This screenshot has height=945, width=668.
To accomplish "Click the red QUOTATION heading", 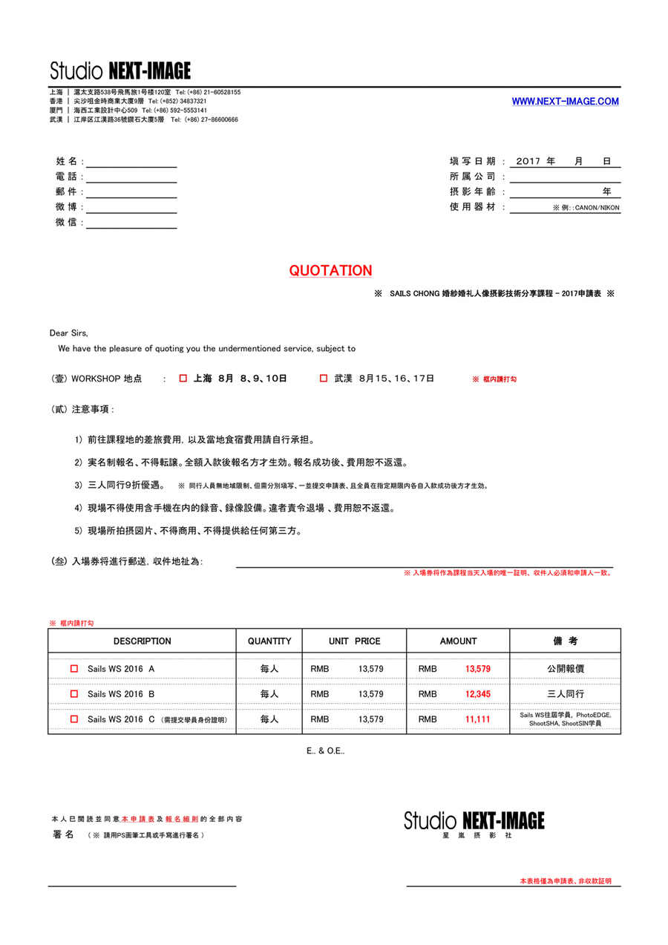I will [330, 271].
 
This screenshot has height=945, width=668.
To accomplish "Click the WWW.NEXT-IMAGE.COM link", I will [565, 102].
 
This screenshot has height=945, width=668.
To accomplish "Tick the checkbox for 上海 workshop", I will [183, 379].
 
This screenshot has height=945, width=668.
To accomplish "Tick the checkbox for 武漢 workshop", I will [323, 379].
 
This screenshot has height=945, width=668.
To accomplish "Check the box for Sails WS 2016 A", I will [73, 669].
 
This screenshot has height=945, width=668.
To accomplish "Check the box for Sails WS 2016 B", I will [73, 694].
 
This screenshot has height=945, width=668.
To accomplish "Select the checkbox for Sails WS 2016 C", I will [73, 719].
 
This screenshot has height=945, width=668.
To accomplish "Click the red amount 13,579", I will [477, 669].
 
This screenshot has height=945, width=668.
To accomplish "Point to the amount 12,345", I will [477, 694].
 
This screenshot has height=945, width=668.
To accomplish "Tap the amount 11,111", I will [477, 719].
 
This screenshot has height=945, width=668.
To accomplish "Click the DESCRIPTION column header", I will [142, 641].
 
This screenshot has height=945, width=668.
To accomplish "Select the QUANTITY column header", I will [269, 641].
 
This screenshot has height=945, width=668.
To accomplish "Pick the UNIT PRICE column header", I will [354, 641].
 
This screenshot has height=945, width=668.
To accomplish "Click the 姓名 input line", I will [131, 163].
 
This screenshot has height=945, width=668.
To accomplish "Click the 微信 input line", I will [131, 223].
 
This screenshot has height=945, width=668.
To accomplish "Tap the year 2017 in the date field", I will [528, 161].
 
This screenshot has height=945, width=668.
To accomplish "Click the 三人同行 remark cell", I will [565, 694].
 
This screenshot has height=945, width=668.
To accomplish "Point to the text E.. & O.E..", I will [326, 751].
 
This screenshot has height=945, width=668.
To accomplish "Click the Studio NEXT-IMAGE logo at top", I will [120, 71].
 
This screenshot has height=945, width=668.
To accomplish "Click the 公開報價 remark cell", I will [565, 669].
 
